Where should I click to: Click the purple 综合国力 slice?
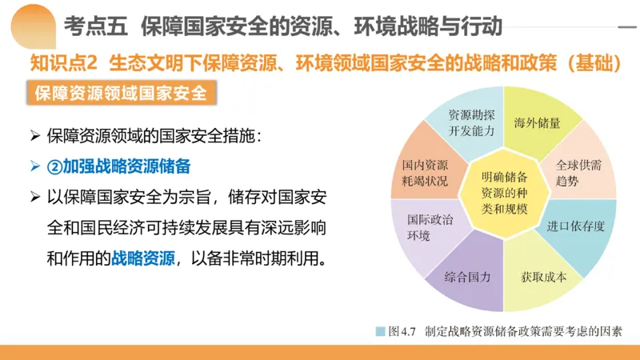pos(468,277)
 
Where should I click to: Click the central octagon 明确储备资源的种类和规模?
pos(504,193)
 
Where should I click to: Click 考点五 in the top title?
pos(96,27)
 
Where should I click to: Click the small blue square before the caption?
pos(381,330)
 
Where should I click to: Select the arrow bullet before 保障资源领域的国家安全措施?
pos(34,137)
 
